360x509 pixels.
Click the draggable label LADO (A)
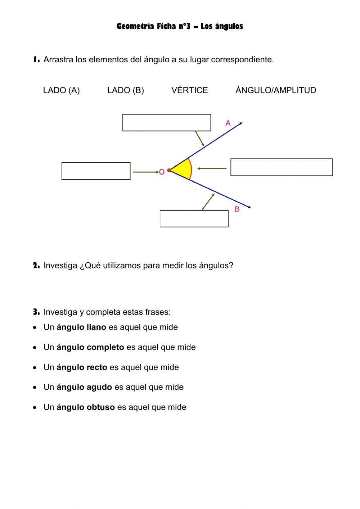61,90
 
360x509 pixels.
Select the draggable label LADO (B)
125,90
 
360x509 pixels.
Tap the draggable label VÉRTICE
189,90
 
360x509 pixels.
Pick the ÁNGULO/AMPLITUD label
276,90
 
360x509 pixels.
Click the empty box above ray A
166,122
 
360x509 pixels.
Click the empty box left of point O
96,171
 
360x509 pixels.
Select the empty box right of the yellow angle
281,167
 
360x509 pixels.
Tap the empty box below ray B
194,219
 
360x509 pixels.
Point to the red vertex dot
169,170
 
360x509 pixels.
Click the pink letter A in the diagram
228,123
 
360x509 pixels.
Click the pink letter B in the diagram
237,209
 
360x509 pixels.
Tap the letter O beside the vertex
162,172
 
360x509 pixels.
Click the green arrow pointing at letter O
145,172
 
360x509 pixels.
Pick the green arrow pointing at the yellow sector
212,168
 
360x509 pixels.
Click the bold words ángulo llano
81,327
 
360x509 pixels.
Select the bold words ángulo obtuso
86,407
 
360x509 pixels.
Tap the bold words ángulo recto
82,367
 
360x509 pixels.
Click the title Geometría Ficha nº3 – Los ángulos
180,26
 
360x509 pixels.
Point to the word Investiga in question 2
60,265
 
